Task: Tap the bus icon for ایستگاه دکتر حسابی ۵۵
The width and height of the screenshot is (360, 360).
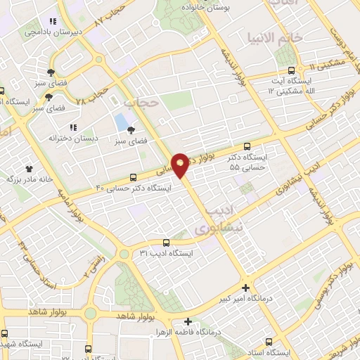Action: tap(245, 146)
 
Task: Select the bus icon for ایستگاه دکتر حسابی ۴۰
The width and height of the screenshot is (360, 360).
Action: tap(134, 177)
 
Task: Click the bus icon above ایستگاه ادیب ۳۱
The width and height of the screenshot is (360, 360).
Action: tap(165, 243)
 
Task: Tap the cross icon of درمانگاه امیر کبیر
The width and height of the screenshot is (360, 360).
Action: tap(245, 288)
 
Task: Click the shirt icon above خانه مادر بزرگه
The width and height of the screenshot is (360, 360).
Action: tap(30, 168)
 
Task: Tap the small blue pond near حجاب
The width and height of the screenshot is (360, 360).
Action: tap(121, 123)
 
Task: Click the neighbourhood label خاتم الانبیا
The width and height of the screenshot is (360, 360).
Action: tap(283, 37)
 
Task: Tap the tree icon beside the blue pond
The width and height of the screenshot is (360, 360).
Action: tap(131, 128)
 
